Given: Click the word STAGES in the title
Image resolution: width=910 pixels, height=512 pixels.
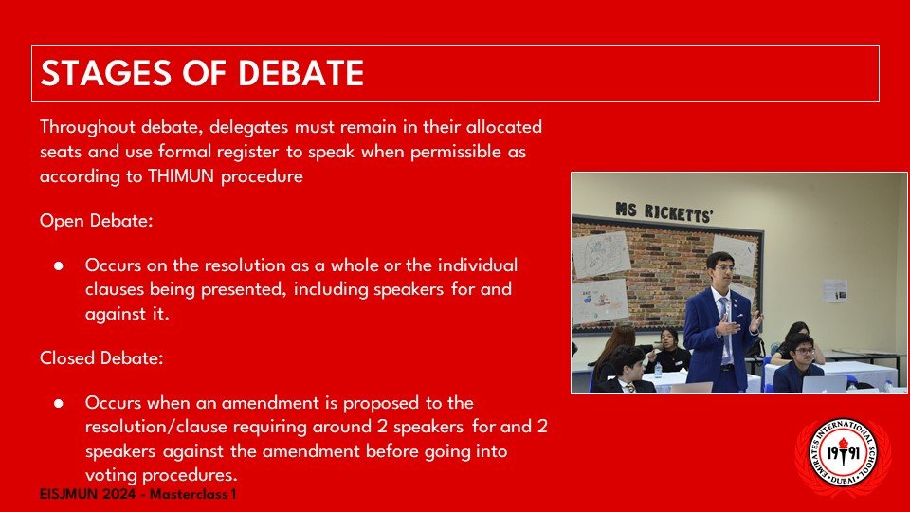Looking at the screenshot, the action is pyautogui.click(x=105, y=73).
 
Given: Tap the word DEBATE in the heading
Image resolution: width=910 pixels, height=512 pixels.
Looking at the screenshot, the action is pyautogui.click(x=300, y=73).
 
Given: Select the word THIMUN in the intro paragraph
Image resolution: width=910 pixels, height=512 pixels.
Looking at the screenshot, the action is pyautogui.click(x=181, y=176).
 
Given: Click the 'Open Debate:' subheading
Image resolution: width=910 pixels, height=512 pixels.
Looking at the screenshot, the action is pyautogui.click(x=97, y=221).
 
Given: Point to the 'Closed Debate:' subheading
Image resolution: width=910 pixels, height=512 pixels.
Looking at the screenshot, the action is pyautogui.click(x=101, y=358).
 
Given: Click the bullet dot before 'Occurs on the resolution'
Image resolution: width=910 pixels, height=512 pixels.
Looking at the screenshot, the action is pyautogui.click(x=59, y=265).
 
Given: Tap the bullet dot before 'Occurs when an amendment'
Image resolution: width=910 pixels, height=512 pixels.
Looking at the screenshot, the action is pyautogui.click(x=59, y=403).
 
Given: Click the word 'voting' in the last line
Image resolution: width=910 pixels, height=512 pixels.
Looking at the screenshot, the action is pyautogui.click(x=112, y=475).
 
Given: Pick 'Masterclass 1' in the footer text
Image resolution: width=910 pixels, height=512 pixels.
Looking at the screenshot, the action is pyautogui.click(x=193, y=495).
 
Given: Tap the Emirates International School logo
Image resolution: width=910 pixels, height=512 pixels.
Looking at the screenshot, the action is pyautogui.click(x=843, y=456).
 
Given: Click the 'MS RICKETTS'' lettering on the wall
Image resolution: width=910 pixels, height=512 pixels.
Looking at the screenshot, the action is pyautogui.click(x=664, y=211).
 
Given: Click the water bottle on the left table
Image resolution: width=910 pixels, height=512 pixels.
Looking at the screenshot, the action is pyautogui.click(x=658, y=371).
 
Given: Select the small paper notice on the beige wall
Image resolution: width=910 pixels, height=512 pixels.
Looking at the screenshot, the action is pyautogui.click(x=834, y=291).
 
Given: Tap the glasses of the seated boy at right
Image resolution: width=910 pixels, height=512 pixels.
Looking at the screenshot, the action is pyautogui.click(x=805, y=351).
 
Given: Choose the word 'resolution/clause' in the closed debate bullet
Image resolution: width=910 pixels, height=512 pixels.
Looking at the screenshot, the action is pyautogui.click(x=156, y=428).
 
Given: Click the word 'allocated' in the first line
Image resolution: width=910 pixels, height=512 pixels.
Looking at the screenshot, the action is pyautogui.click(x=503, y=127).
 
